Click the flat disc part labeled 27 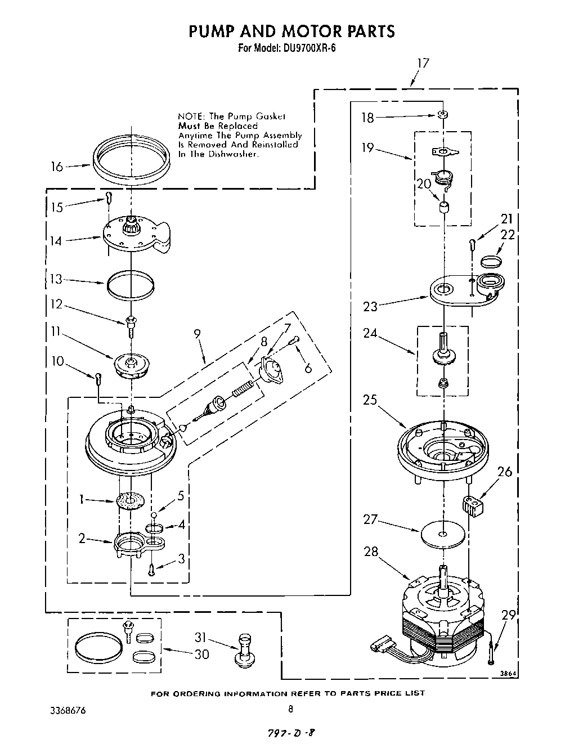[x=442, y=533]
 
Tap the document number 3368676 [x=68, y=710]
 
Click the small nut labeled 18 [x=443, y=115]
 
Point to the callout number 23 [x=370, y=307]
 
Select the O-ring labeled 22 [x=491, y=261]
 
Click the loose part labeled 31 [x=244, y=651]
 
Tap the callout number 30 [x=201, y=654]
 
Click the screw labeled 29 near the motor [x=492, y=656]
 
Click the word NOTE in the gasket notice [x=190, y=116]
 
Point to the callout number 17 [x=422, y=63]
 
